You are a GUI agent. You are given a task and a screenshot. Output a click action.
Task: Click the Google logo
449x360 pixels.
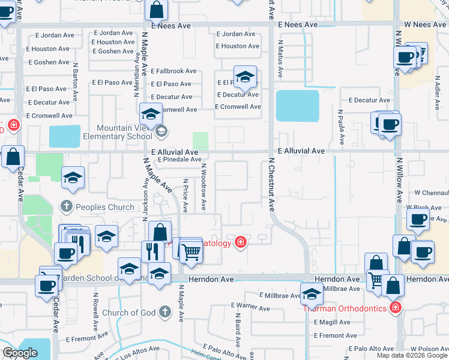(x=20, y=353)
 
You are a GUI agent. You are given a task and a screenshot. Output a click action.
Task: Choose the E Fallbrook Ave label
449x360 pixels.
(x=173, y=71)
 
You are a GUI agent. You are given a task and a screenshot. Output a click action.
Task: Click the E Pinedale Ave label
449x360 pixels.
(x=179, y=160)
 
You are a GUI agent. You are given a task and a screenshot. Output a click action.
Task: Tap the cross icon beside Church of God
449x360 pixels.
(x=165, y=312)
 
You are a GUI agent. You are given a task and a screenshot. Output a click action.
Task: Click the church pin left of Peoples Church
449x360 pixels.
(x=67, y=207)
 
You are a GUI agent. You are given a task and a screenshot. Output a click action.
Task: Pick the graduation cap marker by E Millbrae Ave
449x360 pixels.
(x=312, y=295)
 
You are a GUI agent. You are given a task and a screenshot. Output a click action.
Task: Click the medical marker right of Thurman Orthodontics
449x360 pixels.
(x=395, y=308)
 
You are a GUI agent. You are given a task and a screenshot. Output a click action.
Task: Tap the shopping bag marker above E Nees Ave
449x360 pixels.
(x=155, y=10)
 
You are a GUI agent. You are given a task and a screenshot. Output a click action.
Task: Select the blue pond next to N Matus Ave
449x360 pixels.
(x=297, y=106)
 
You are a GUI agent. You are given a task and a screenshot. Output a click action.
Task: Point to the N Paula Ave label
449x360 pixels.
(x=340, y=127)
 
